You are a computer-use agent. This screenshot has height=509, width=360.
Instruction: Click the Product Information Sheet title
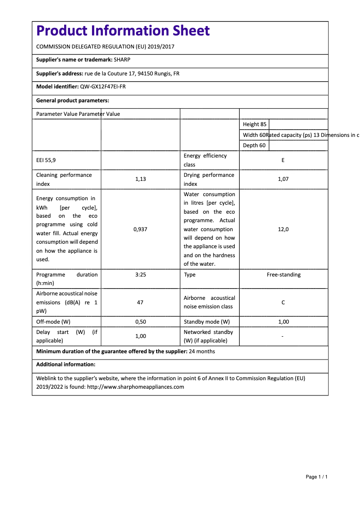(x=123, y=31)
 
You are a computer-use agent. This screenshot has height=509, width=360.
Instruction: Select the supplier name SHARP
(x=122, y=60)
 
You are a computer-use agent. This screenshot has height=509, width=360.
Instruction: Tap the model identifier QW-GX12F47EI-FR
(x=103, y=87)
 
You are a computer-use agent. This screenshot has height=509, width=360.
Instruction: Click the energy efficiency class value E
(x=283, y=160)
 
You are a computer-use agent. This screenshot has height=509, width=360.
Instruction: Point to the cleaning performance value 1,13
(x=140, y=179)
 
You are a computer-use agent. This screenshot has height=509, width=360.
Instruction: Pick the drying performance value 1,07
(x=283, y=179)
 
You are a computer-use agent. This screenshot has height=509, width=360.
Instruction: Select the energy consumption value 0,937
(x=140, y=229)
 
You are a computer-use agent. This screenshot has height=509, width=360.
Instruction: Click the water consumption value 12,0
(x=283, y=229)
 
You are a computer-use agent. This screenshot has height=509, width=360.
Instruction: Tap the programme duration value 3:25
(x=140, y=275)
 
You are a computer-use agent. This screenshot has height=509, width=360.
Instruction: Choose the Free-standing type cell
(x=283, y=275)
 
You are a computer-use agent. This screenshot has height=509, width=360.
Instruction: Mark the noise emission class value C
(x=283, y=303)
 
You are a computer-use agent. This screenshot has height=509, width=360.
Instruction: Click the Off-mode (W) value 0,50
(x=140, y=322)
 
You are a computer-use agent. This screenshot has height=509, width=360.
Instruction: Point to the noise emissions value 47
(x=140, y=303)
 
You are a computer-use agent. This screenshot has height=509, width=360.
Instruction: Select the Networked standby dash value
(x=283, y=336)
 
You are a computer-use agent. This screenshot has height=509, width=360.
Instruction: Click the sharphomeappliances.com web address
(x=135, y=387)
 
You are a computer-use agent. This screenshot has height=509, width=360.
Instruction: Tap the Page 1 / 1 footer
(x=316, y=477)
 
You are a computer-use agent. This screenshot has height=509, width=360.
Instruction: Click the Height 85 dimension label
(x=254, y=124)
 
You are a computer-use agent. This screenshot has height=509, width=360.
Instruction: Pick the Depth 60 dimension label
(x=254, y=145)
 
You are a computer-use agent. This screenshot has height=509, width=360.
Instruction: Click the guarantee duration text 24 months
(x=202, y=351)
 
